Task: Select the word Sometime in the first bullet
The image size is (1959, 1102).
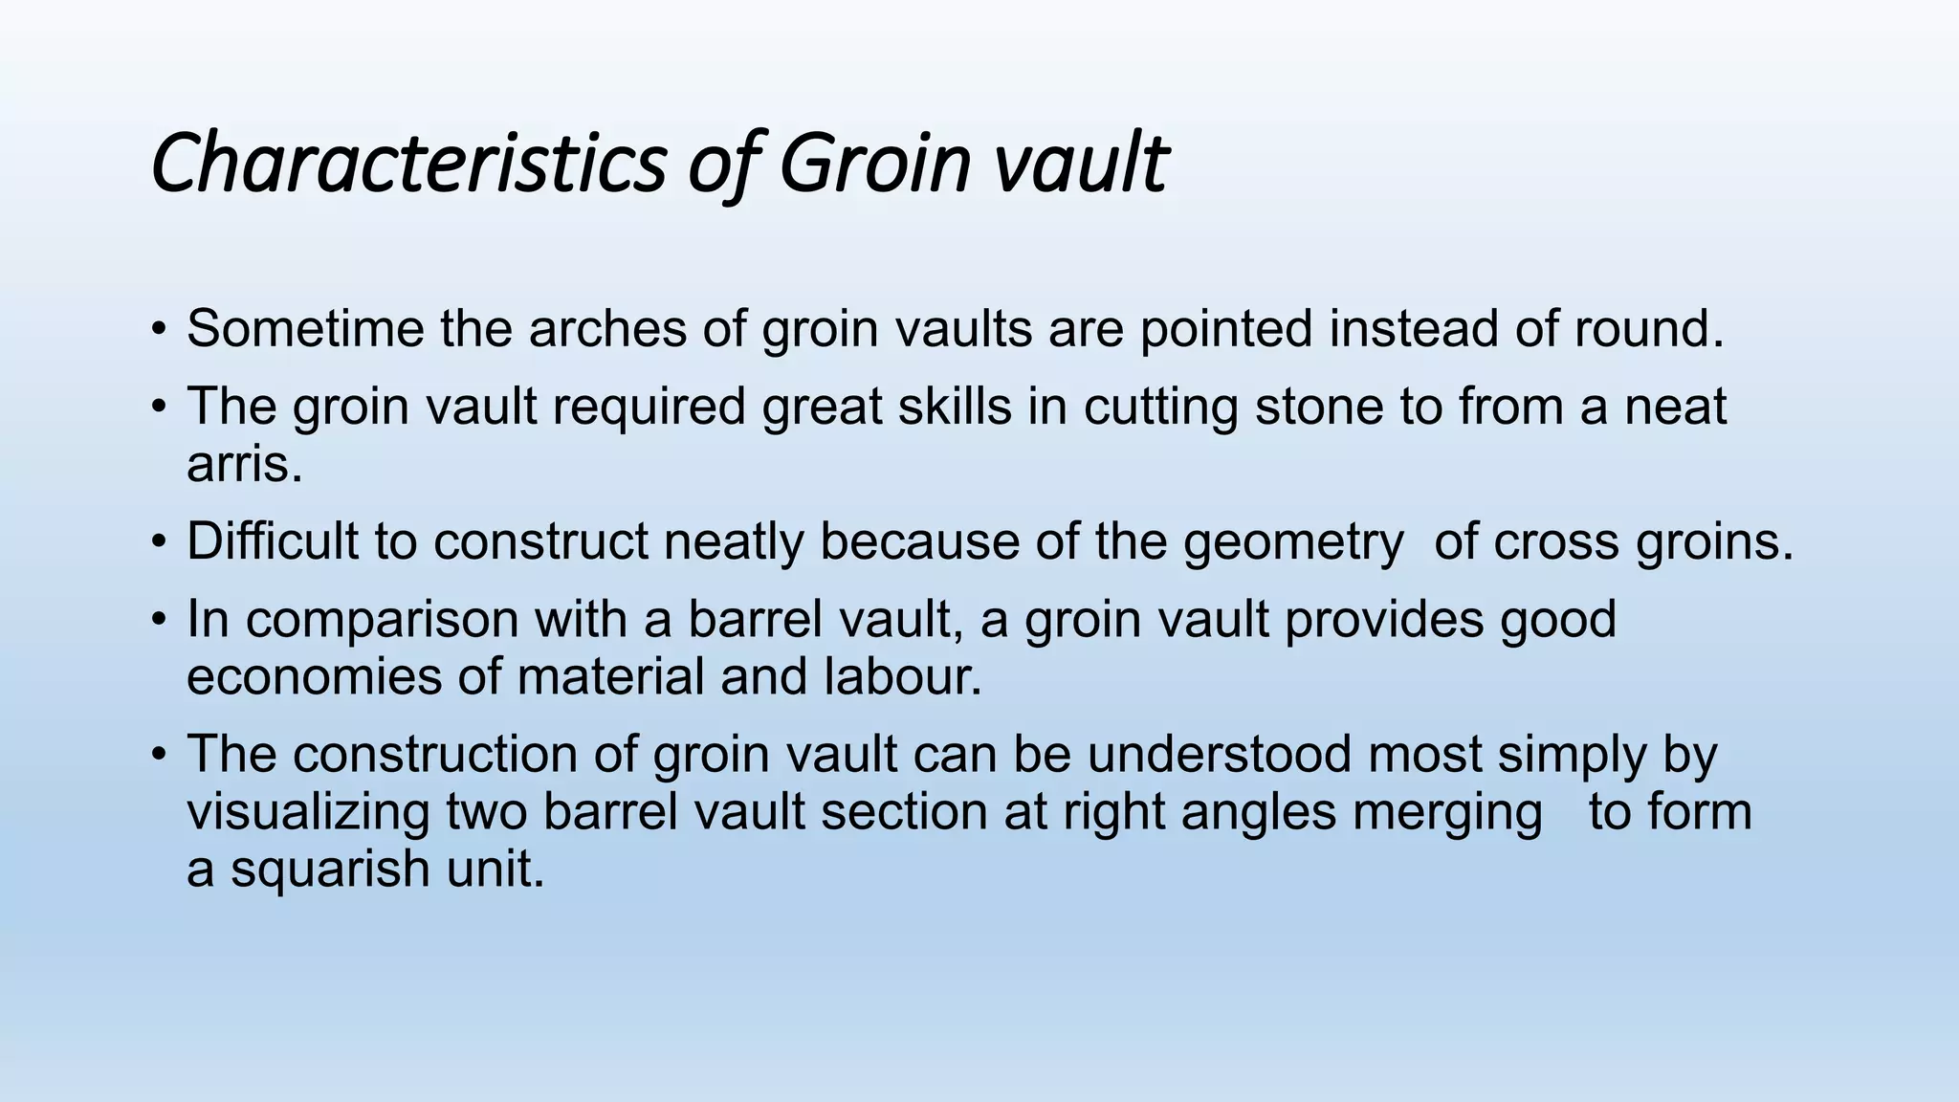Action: pyautogui.click(x=305, y=329)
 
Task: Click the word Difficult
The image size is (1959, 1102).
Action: pyautogui.click(x=272, y=540)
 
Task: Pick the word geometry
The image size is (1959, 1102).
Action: pyautogui.click(x=1292, y=542)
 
